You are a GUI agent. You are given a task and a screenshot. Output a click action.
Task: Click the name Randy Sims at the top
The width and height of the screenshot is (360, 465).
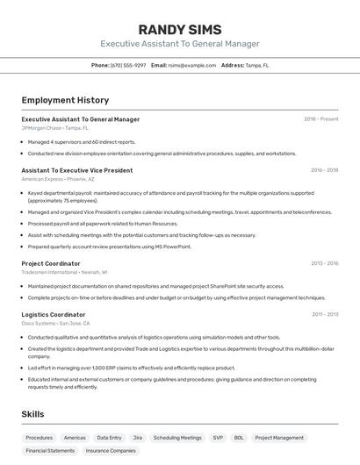point(180,29)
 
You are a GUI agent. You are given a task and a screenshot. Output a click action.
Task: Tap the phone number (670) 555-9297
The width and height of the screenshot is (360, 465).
point(128,65)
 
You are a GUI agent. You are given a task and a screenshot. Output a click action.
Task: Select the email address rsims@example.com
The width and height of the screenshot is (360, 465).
point(191,65)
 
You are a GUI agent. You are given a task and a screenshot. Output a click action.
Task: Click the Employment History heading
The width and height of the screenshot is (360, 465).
point(65,100)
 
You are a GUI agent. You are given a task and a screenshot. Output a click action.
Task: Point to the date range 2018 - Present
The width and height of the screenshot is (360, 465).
point(320,119)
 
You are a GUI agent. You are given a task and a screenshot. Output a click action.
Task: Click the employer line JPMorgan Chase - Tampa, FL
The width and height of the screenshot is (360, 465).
point(55,128)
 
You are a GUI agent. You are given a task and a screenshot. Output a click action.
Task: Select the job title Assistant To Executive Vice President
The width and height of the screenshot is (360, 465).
point(77,170)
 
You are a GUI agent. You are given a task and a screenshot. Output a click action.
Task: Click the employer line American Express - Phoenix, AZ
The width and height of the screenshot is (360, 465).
point(60,179)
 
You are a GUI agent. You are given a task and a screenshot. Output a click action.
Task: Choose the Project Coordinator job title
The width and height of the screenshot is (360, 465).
point(51,263)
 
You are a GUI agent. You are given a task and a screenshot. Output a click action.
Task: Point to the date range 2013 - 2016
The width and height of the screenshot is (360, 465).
point(324,263)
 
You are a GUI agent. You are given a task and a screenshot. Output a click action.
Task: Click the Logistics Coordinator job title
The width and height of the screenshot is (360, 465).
point(54,314)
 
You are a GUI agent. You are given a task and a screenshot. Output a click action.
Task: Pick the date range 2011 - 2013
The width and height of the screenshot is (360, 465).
point(325,314)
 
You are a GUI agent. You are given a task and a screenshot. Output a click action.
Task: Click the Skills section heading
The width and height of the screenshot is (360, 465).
point(32,414)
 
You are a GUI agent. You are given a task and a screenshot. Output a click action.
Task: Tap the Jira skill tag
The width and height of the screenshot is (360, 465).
point(138,437)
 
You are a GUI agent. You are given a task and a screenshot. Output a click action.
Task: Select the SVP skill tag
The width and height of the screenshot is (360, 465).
point(218,437)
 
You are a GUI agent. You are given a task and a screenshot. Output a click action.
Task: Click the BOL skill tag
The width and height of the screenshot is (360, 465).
point(239,437)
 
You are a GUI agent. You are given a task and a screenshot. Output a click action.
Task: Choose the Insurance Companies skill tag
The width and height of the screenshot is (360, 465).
point(111,450)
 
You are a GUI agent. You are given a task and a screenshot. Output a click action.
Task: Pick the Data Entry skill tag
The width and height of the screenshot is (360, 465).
point(110,437)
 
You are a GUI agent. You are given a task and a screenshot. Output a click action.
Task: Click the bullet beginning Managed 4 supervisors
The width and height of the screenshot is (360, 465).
point(82,141)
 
